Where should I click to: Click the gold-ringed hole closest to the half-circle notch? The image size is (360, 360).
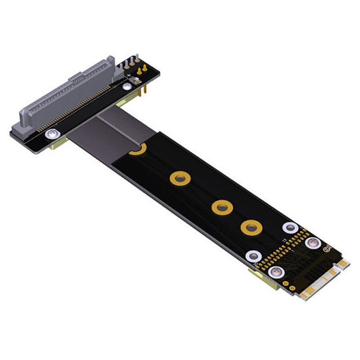coord(179,179)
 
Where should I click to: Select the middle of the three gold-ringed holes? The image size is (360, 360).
coord(221,207)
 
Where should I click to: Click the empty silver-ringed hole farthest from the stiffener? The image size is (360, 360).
coord(290,227)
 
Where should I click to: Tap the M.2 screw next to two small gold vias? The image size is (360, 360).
coord(276,272)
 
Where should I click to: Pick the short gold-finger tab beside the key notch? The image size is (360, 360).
coord(343,263)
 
